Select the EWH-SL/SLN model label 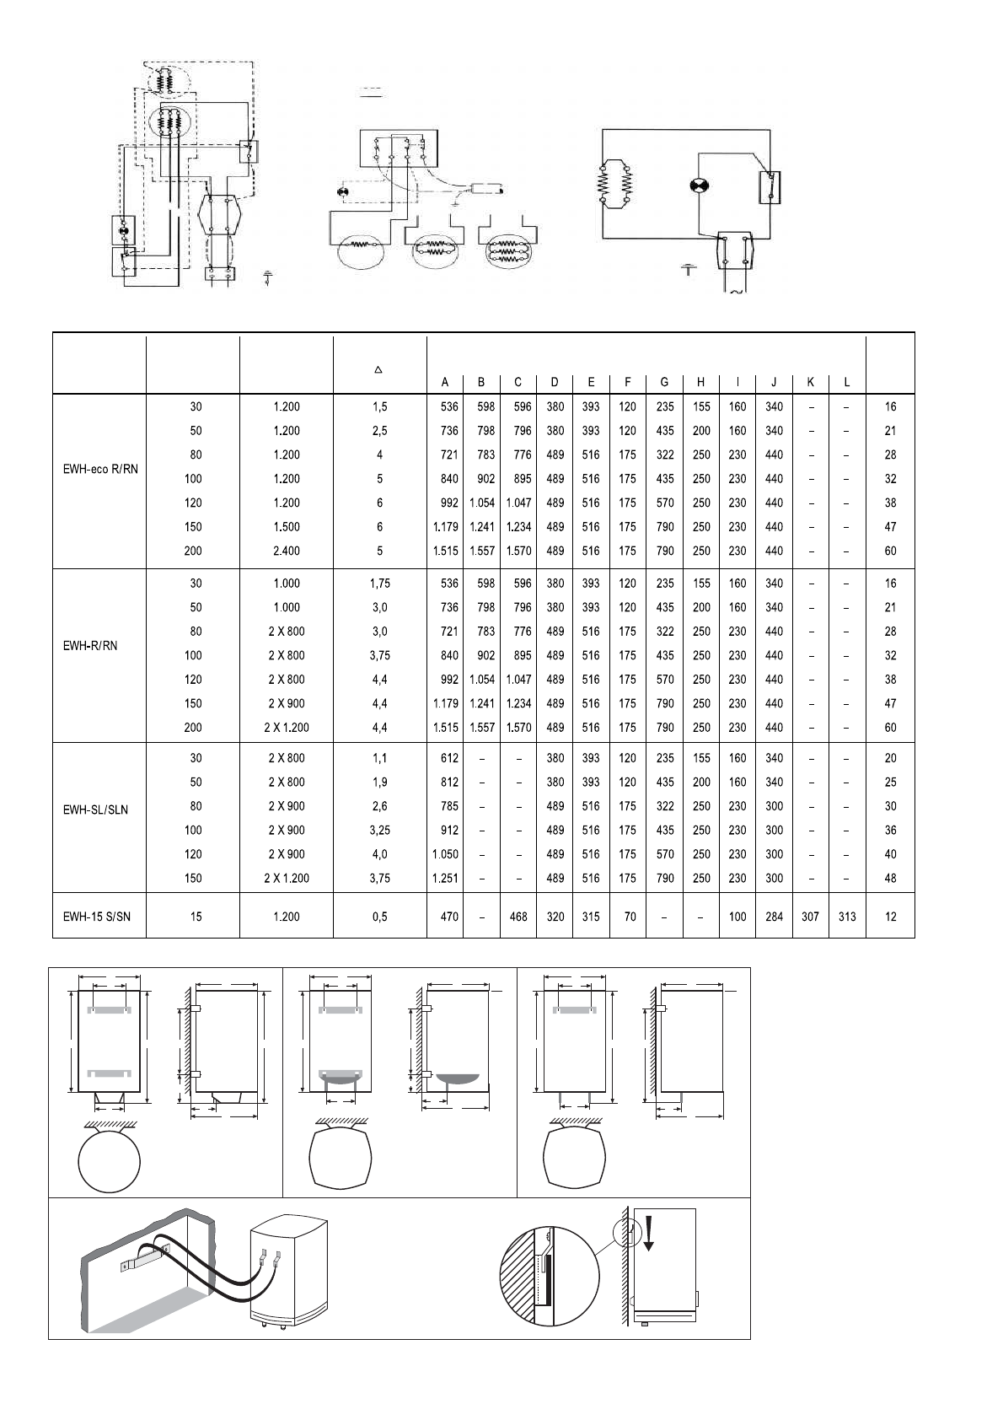(x=96, y=810)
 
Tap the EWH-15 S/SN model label (x=97, y=917)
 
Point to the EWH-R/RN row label (x=90, y=646)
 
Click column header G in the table (x=664, y=382)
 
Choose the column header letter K (x=811, y=382)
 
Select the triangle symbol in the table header (x=379, y=369)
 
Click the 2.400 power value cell (x=287, y=551)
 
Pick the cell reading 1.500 (x=287, y=527)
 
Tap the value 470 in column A (x=448, y=917)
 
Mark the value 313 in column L (x=847, y=917)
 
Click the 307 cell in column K (x=811, y=917)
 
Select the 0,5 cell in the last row (x=379, y=917)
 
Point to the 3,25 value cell (x=379, y=831)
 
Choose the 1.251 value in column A (x=445, y=879)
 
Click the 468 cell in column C (x=518, y=917)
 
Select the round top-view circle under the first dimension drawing (x=109, y=1160)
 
